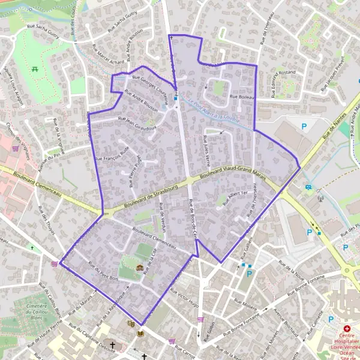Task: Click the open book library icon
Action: tap(141, 334)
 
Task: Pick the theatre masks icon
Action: tap(131, 324)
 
